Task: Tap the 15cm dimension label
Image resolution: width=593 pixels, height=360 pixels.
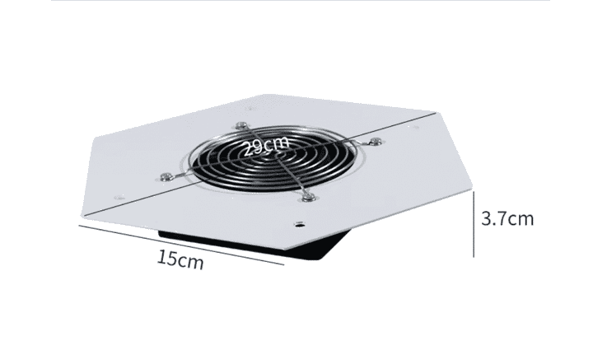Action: click(x=180, y=259)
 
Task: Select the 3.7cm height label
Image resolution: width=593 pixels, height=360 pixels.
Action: click(x=507, y=218)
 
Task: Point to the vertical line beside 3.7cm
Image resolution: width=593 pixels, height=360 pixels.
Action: click(x=474, y=224)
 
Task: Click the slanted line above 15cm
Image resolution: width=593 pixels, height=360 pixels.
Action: click(x=181, y=245)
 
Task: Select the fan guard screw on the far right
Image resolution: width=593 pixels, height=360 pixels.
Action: click(x=375, y=142)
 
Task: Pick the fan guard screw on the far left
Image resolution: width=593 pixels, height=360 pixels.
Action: click(x=166, y=176)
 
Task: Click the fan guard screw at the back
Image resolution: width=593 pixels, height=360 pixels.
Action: click(x=240, y=126)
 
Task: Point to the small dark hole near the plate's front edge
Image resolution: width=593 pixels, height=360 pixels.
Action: click(x=300, y=225)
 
